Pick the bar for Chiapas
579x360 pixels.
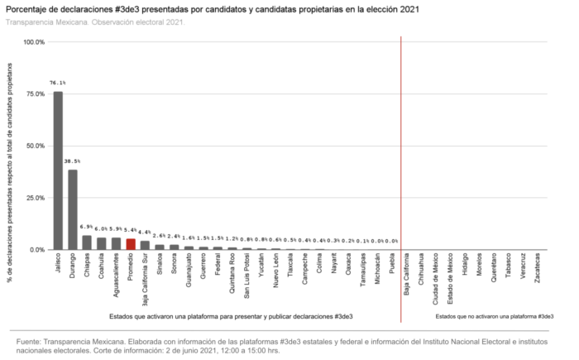pyautogui.click(x=87, y=242)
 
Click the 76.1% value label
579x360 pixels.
pyautogui.click(x=58, y=84)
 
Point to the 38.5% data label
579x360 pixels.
pyautogui.click(x=73, y=161)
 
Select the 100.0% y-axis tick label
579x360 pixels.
pyautogui.click(x=34, y=42)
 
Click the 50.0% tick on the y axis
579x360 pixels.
pyautogui.click(x=36, y=146)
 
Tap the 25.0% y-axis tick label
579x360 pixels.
pyautogui.click(x=36, y=198)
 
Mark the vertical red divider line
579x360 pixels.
pyautogui.click(x=401, y=166)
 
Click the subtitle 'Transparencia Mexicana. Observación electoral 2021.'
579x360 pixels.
pyautogui.click(x=95, y=22)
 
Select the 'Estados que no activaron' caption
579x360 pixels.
pyautogui.click(x=494, y=317)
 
